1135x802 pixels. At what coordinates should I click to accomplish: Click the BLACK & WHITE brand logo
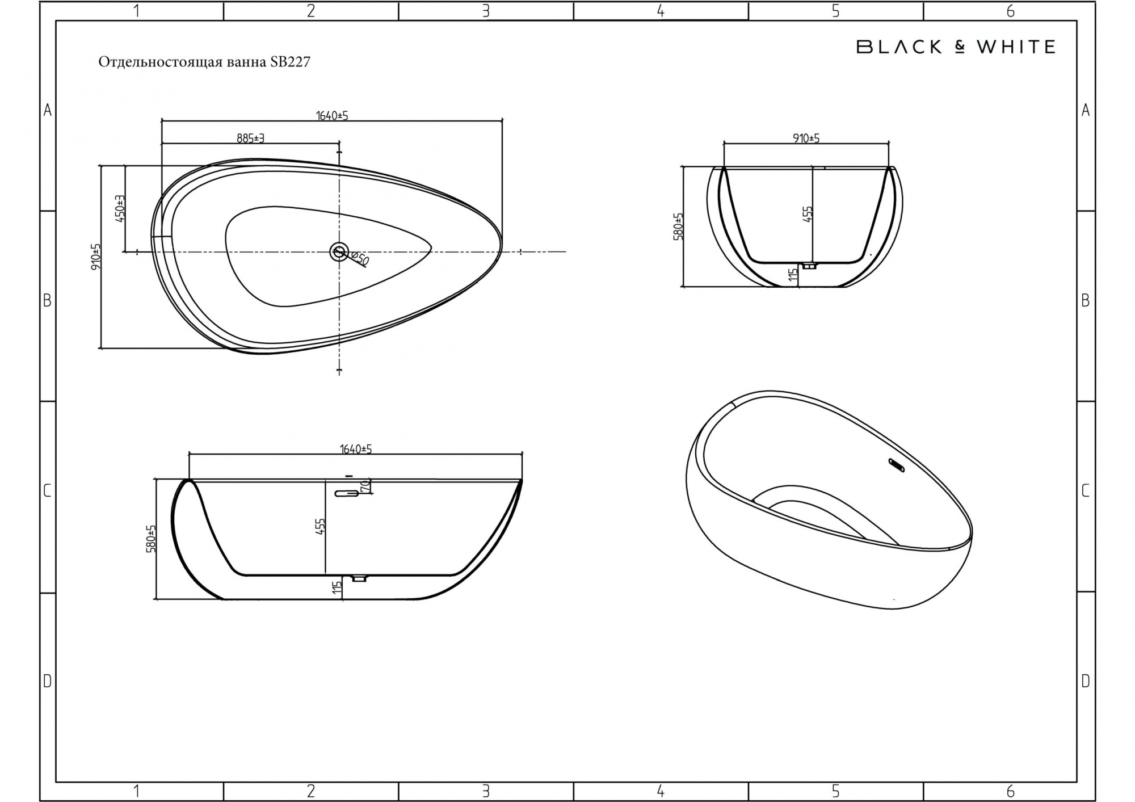[956, 47]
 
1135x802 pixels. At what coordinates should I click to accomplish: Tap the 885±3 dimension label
[251, 138]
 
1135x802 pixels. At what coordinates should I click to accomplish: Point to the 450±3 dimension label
[120, 208]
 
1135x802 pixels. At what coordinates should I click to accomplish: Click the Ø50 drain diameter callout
[360, 259]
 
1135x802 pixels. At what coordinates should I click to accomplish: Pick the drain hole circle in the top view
[339, 251]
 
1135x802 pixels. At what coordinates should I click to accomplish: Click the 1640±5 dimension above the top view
[332, 116]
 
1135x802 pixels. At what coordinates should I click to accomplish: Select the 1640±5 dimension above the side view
[356, 449]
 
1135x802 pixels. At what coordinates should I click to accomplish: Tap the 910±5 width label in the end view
[806, 138]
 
